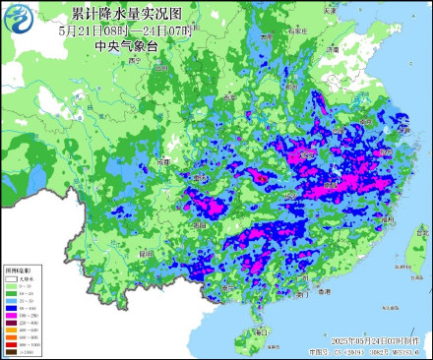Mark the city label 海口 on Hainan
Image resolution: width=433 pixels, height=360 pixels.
click(x=262, y=332)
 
